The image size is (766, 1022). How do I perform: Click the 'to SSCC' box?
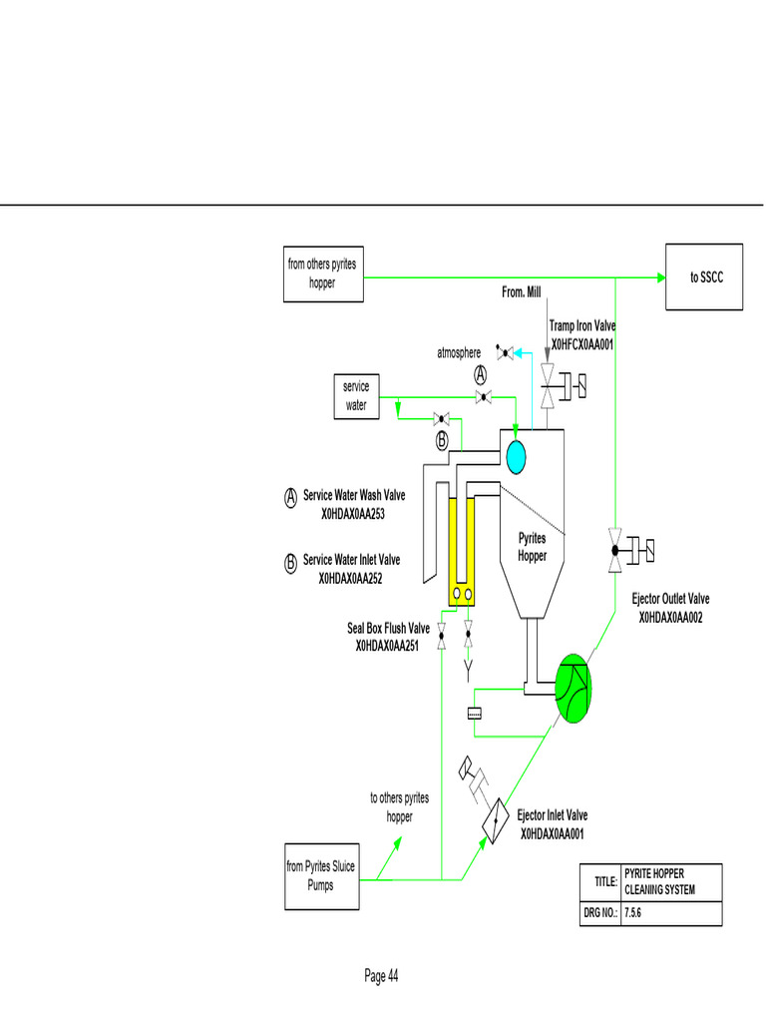coord(706,276)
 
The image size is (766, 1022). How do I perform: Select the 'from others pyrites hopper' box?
coord(321,273)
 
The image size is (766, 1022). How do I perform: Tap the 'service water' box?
coord(356,396)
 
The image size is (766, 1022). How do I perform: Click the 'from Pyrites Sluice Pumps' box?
coord(321,876)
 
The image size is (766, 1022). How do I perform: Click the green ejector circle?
coord(573,689)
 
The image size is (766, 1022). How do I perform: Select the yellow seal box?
coord(461,550)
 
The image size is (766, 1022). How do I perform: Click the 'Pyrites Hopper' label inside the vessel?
coord(532,547)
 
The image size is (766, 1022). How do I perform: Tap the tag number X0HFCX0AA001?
coord(581,344)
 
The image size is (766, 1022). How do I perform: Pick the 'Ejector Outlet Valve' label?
coord(671,599)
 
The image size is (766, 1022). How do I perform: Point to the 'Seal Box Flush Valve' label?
coord(388,628)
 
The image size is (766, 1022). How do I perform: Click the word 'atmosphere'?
coord(459,353)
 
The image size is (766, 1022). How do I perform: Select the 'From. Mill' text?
coord(521,291)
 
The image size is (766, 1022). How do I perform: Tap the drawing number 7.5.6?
coord(634,913)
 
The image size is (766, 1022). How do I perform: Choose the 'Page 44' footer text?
coord(381,976)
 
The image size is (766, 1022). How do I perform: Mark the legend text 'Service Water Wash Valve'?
coord(354,495)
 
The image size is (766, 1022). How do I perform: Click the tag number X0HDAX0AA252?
coord(351,578)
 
